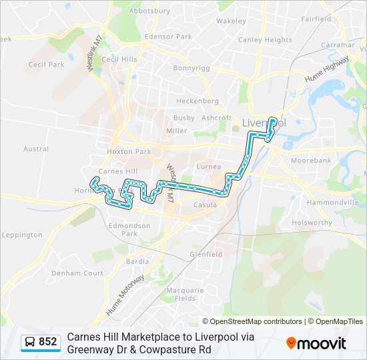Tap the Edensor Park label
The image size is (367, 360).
click(168, 37)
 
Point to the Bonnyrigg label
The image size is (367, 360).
click(192, 68)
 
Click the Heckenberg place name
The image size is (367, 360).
click(198, 101)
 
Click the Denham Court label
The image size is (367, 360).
click(77, 273)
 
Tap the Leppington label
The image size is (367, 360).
click(22, 235)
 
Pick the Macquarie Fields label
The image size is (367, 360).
click(186, 294)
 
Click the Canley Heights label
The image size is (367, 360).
click(265, 40)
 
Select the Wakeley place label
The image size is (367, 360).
click(231, 21)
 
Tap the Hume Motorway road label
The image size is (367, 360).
click(125, 295)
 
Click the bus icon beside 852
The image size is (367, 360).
click(30, 342)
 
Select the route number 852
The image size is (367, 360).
click(48, 342)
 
